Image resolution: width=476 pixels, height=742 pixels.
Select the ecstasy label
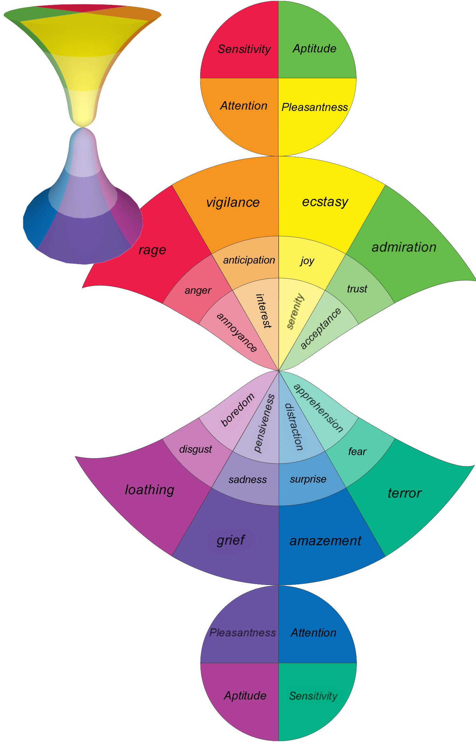(x=325, y=202)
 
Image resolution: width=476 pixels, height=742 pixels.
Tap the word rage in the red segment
(x=152, y=250)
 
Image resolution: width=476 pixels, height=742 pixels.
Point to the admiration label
(x=404, y=247)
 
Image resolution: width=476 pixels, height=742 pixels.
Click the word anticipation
(x=249, y=260)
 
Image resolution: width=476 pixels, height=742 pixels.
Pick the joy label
(x=307, y=261)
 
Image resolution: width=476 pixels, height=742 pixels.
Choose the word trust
(x=357, y=289)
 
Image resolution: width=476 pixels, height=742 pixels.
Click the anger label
(x=198, y=290)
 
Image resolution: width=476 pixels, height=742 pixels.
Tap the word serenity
(x=295, y=311)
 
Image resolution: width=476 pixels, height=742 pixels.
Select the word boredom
(x=238, y=410)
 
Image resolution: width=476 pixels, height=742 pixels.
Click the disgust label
(x=195, y=449)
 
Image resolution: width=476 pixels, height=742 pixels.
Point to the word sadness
(x=248, y=480)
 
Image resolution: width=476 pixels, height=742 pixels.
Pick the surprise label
(x=308, y=479)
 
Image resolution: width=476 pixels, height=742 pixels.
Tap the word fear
(x=357, y=452)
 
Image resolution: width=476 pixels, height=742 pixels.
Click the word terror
(x=405, y=493)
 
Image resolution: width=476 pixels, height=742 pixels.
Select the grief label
(x=231, y=540)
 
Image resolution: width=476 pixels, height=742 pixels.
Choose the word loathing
(x=149, y=490)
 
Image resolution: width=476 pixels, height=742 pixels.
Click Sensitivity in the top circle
(x=244, y=49)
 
